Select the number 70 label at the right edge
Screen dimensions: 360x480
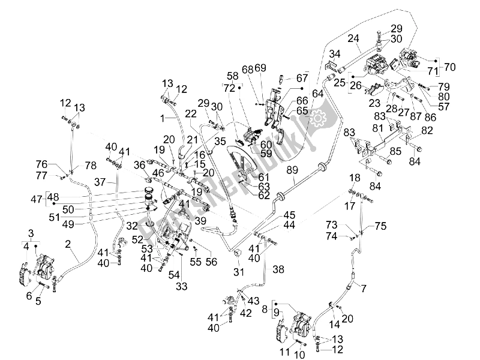(x=450, y=65)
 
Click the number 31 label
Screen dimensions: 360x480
(x=238, y=272)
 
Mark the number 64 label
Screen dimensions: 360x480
(x=317, y=94)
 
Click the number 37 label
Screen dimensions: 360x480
(x=100, y=182)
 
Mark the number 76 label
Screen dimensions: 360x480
(x=58, y=164)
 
